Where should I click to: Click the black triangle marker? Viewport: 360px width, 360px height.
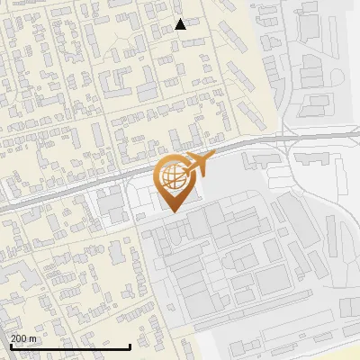180,24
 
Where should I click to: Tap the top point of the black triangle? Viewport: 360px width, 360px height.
180,19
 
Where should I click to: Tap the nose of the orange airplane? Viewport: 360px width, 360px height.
213,158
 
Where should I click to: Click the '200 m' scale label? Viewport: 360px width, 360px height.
23,338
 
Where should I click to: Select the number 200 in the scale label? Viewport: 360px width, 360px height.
19,338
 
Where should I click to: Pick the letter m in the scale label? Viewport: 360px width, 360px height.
32,338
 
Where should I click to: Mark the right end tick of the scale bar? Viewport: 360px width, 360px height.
130,346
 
